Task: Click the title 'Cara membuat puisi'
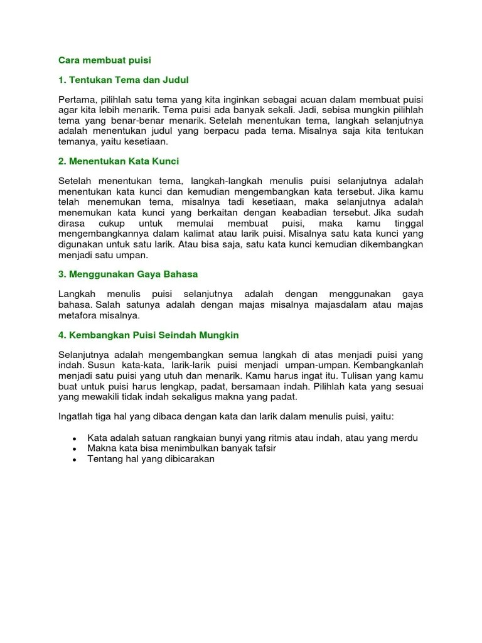(105, 60)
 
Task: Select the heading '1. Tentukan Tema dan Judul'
(123, 80)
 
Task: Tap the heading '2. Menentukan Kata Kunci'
(119, 161)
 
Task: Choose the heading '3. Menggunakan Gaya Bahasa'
(128, 274)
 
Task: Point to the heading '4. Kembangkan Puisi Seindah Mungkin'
(149, 335)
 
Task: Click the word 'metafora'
(77, 315)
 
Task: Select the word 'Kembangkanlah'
(390, 365)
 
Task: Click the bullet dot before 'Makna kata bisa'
(74, 450)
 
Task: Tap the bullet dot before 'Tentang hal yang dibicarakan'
(74, 460)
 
